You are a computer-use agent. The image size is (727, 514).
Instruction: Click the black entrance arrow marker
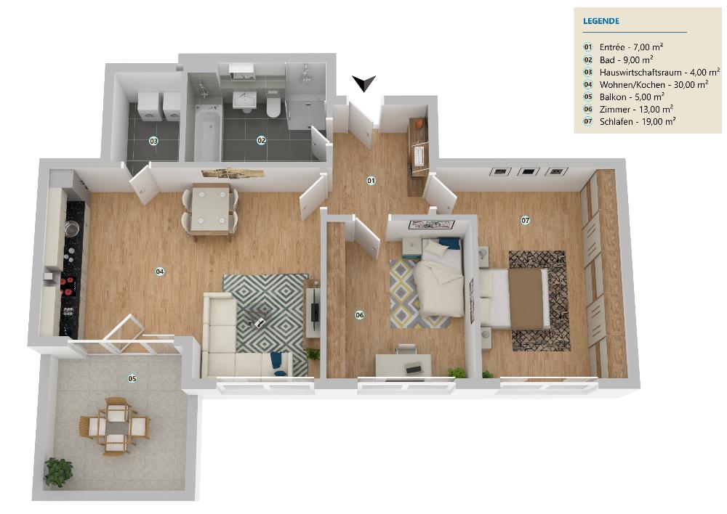pyautogui.click(x=364, y=83)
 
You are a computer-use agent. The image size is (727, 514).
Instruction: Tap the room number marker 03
pyautogui.click(x=153, y=140)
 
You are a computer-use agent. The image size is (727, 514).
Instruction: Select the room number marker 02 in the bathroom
pyautogui.click(x=262, y=140)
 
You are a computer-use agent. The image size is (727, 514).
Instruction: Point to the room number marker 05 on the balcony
pyautogui.click(x=132, y=379)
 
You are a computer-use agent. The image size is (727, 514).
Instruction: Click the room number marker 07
pyautogui.click(x=526, y=221)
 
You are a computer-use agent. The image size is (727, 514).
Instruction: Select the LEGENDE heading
pyautogui.click(x=601, y=21)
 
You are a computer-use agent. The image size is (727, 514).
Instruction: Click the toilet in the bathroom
pyautogui.click(x=273, y=107)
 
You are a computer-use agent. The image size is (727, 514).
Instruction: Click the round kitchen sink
pyautogui.click(x=71, y=228)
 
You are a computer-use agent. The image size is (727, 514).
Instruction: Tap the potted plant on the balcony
pyautogui.click(x=58, y=472)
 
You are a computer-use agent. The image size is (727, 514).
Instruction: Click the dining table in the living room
pyautogui.click(x=211, y=211)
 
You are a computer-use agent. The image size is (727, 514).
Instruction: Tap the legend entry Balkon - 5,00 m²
pyautogui.click(x=632, y=97)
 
